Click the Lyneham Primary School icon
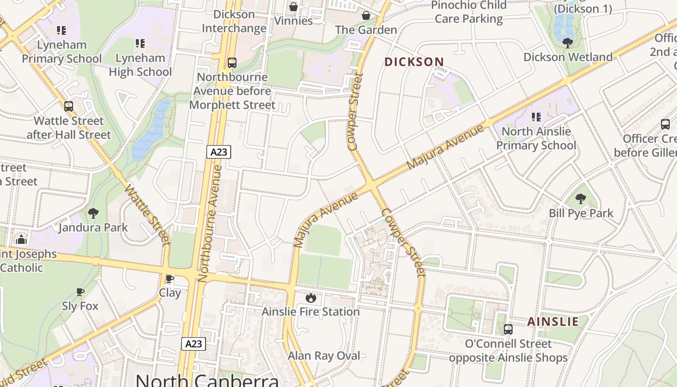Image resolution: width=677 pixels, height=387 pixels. [61, 30]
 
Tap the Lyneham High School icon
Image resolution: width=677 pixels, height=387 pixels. [140, 44]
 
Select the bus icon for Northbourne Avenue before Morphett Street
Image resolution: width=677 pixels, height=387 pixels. [232, 62]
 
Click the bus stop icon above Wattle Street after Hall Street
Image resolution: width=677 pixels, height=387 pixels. [69, 106]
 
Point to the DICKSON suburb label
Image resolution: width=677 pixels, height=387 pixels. [414, 62]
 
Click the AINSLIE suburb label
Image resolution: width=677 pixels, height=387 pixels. [553, 322]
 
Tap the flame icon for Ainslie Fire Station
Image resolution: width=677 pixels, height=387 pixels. [310, 298]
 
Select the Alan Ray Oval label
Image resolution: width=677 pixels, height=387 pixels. [324, 356]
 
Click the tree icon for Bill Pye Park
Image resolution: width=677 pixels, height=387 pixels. [581, 198]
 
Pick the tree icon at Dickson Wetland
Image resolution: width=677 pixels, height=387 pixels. [568, 43]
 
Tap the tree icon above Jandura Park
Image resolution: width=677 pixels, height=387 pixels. [93, 213]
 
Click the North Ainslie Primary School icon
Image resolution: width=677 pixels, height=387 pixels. [536, 117]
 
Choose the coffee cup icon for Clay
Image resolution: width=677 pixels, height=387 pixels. [170, 279]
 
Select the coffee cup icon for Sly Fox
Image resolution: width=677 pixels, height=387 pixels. [80, 292]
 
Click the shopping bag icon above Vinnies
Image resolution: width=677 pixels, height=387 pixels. [293, 7]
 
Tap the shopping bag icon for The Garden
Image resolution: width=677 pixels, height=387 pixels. [366, 15]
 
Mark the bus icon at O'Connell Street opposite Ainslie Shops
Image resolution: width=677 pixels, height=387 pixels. [508, 329]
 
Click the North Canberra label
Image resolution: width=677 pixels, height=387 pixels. [207, 380]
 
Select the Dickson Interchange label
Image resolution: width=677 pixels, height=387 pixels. [234, 21]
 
